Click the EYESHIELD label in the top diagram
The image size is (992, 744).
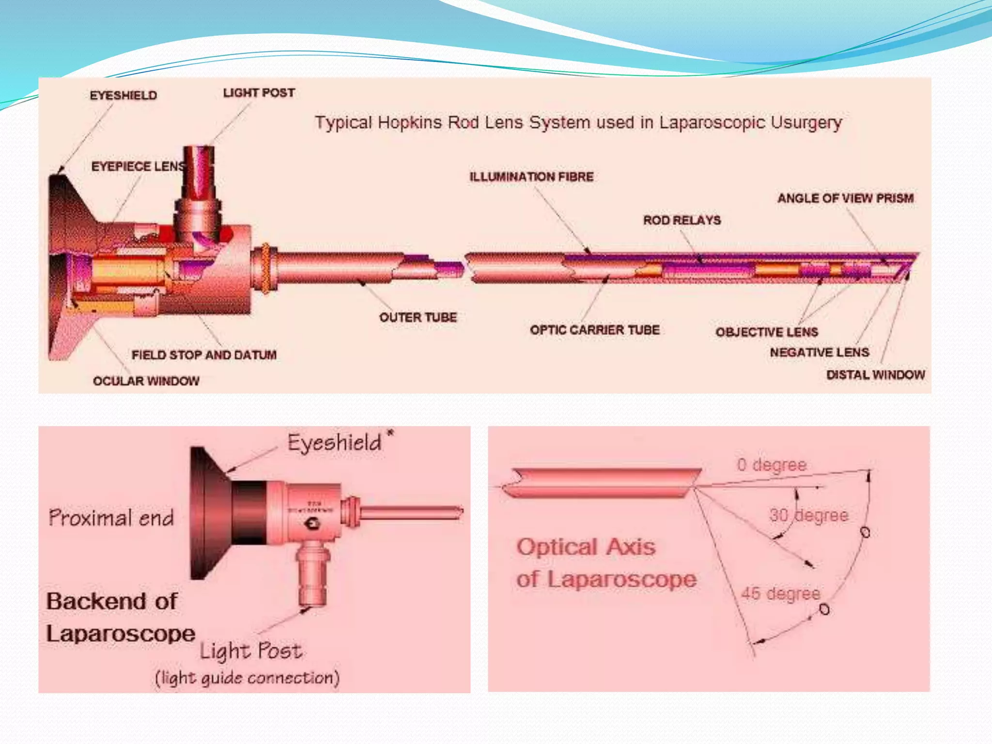[123, 95]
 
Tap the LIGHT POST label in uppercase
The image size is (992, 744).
[259, 93]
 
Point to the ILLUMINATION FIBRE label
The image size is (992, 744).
[531, 176]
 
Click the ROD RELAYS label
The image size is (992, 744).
[682, 220]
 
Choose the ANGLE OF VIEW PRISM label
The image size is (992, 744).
[845, 198]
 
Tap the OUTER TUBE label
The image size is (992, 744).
[418, 317]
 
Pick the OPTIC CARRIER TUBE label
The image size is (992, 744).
[595, 330]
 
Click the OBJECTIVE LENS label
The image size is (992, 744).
[767, 332]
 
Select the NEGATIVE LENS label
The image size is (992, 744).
[820, 352]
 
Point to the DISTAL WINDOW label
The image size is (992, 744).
[875, 374]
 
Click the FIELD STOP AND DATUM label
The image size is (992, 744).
[204, 355]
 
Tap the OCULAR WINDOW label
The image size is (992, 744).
[146, 381]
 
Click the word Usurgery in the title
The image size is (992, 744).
[806, 123]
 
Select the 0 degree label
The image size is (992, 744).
[772, 465]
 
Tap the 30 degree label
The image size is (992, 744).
[808, 515]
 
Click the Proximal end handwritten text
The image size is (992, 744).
[111, 518]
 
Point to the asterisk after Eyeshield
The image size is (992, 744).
[390, 433]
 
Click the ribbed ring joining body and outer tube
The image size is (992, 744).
[266, 268]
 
